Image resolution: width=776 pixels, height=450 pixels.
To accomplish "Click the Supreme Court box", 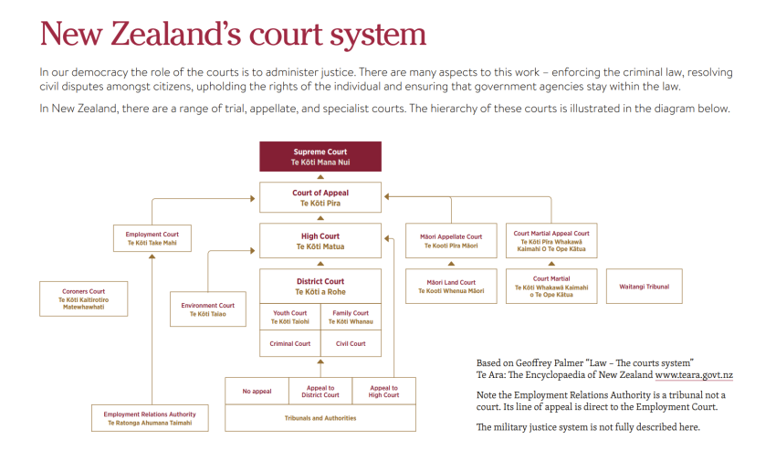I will pyautogui.click(x=320, y=156).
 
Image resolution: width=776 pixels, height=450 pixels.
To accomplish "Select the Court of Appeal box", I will pyautogui.click(x=320, y=197).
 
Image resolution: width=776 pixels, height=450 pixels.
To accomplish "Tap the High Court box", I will pyautogui.click(x=320, y=241).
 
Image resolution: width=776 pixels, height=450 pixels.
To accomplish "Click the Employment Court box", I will pyautogui.click(x=152, y=239).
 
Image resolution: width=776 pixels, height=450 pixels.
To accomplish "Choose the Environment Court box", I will pyautogui.click(x=207, y=309).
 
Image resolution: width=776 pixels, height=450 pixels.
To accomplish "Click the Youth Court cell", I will pyautogui.click(x=290, y=317).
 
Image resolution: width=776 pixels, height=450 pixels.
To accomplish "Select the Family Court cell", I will pyautogui.click(x=351, y=317).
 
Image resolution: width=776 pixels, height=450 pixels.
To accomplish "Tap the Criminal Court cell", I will pyautogui.click(x=290, y=344).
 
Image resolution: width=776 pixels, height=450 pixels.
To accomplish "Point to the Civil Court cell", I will pyautogui.click(x=351, y=344).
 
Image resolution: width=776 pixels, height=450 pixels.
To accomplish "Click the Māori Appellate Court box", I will pyautogui.click(x=451, y=241).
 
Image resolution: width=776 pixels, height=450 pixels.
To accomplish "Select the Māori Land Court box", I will pyautogui.click(x=451, y=287).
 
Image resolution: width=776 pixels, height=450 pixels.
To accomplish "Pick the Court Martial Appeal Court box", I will pyautogui.click(x=551, y=241).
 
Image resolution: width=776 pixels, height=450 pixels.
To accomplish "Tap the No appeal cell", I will pyautogui.click(x=257, y=392).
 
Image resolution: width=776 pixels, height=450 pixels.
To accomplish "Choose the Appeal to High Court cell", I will pyautogui.click(x=383, y=392).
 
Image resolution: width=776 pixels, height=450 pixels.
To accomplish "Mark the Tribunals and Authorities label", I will pyautogui.click(x=320, y=418).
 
